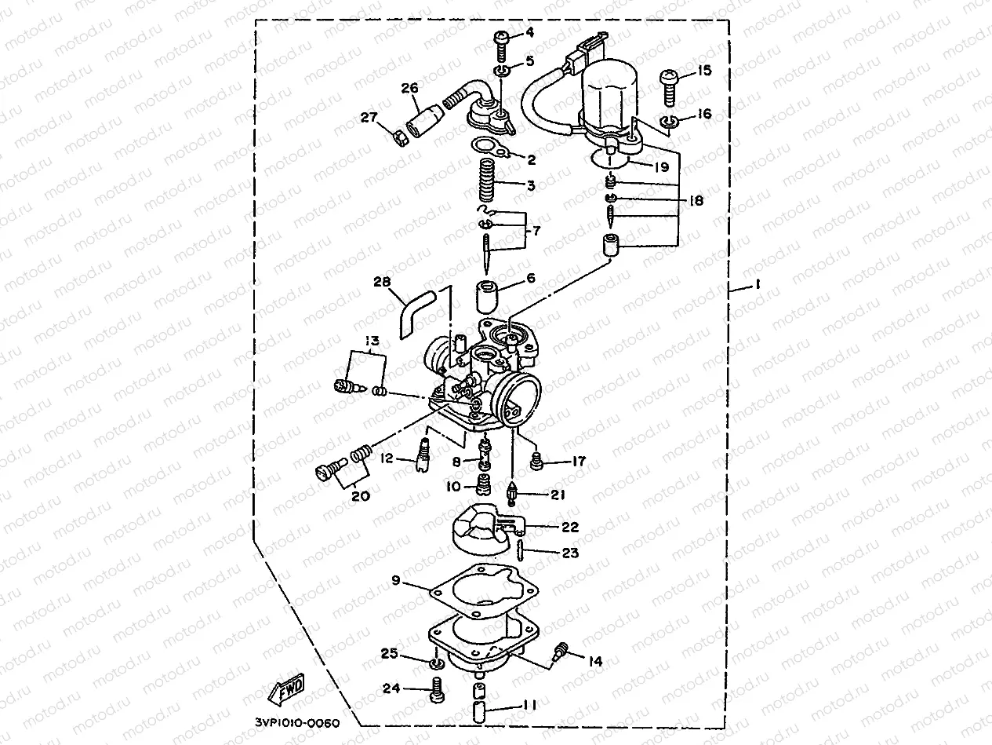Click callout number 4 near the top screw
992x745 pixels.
529,32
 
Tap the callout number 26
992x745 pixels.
410,89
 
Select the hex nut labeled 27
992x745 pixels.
398,138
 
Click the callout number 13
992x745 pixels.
371,340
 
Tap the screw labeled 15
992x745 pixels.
670,87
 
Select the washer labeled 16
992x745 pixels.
669,122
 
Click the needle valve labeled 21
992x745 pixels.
512,494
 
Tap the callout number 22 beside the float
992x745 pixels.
569,527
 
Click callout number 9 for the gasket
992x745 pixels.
396,581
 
